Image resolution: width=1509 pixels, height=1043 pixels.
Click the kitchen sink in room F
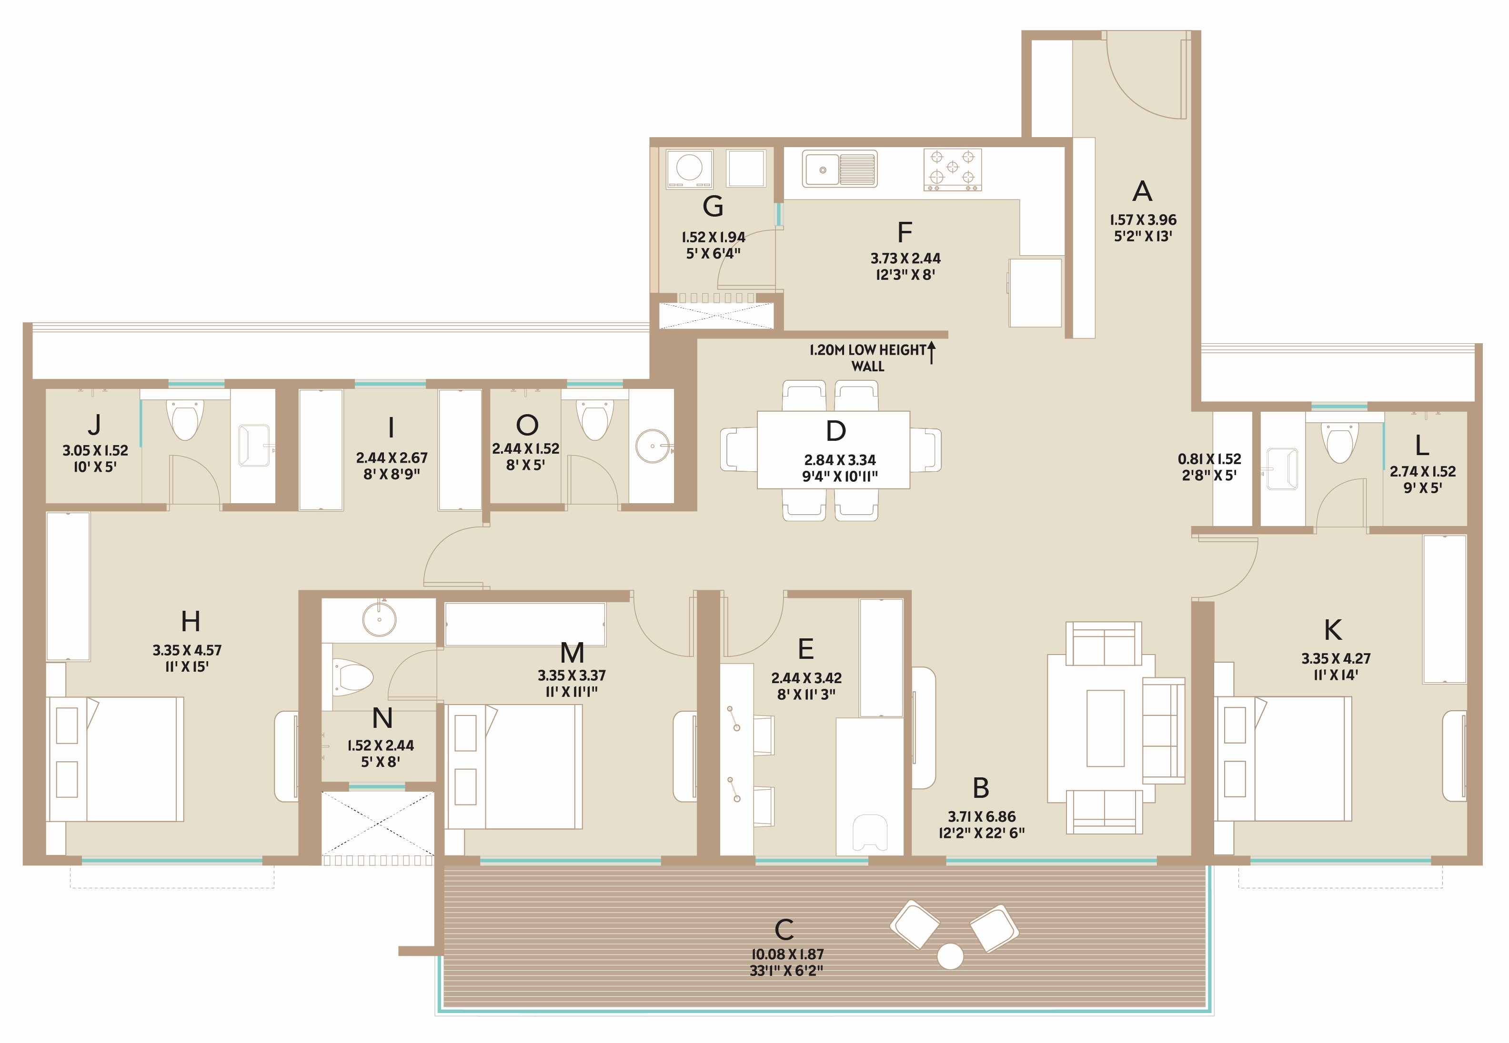click(x=839, y=169)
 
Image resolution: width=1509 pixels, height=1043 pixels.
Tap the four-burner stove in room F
click(x=952, y=170)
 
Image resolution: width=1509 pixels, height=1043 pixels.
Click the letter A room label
click(x=1142, y=191)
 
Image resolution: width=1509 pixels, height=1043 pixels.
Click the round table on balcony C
click(x=950, y=956)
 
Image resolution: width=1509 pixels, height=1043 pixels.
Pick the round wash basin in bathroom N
click(x=379, y=619)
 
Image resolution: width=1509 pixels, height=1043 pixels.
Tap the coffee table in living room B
click(x=1105, y=727)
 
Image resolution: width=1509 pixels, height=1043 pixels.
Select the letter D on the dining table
click(x=835, y=431)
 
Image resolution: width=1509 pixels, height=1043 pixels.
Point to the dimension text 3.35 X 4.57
click(x=187, y=650)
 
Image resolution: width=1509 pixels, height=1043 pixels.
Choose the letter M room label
click(x=572, y=653)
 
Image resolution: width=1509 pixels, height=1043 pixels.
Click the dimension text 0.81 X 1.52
click(x=1209, y=459)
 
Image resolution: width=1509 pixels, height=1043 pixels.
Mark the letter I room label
click(x=391, y=428)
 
